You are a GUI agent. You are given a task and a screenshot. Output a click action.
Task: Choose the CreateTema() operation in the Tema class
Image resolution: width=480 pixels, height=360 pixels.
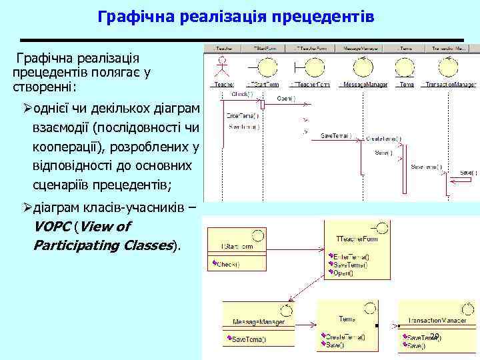[344, 337]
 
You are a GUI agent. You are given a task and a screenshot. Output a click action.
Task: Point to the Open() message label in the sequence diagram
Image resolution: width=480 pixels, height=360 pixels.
[285, 99]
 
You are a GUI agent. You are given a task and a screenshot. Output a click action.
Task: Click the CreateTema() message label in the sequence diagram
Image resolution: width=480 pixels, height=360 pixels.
[383, 139]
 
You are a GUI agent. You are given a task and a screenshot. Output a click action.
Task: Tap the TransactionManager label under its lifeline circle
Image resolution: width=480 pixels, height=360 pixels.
[450, 85]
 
